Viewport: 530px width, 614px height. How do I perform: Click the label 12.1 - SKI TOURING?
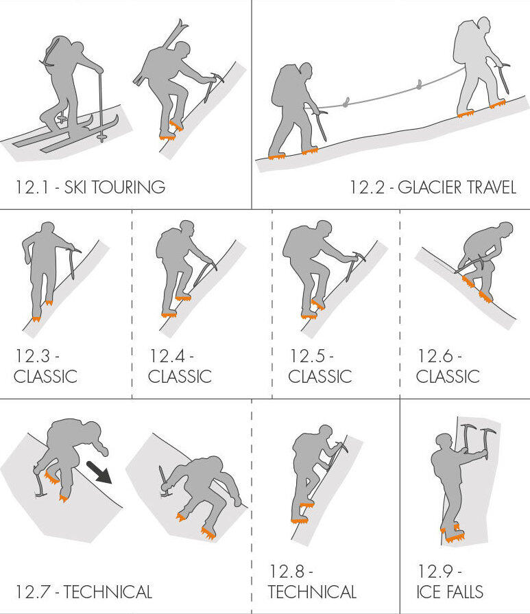click(x=91, y=187)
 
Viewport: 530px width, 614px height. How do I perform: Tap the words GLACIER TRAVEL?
click(x=457, y=187)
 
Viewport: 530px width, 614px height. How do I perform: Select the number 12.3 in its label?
click(x=34, y=355)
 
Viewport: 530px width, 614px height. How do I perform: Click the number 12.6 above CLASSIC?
click(x=435, y=355)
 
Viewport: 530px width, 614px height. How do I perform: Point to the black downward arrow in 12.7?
click(x=99, y=472)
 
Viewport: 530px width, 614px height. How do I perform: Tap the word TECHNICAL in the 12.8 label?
click(x=313, y=591)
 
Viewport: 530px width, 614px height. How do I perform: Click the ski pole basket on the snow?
click(x=101, y=137)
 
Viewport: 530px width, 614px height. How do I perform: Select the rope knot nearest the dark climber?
click(x=346, y=103)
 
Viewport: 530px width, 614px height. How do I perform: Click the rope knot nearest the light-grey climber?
click(x=419, y=84)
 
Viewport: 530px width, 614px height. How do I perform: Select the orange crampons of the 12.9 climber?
click(x=453, y=534)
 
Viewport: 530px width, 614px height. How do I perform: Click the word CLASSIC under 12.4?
click(x=180, y=377)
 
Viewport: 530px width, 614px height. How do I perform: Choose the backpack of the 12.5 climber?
click(x=293, y=243)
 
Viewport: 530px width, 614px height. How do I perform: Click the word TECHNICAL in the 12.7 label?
click(x=108, y=591)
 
